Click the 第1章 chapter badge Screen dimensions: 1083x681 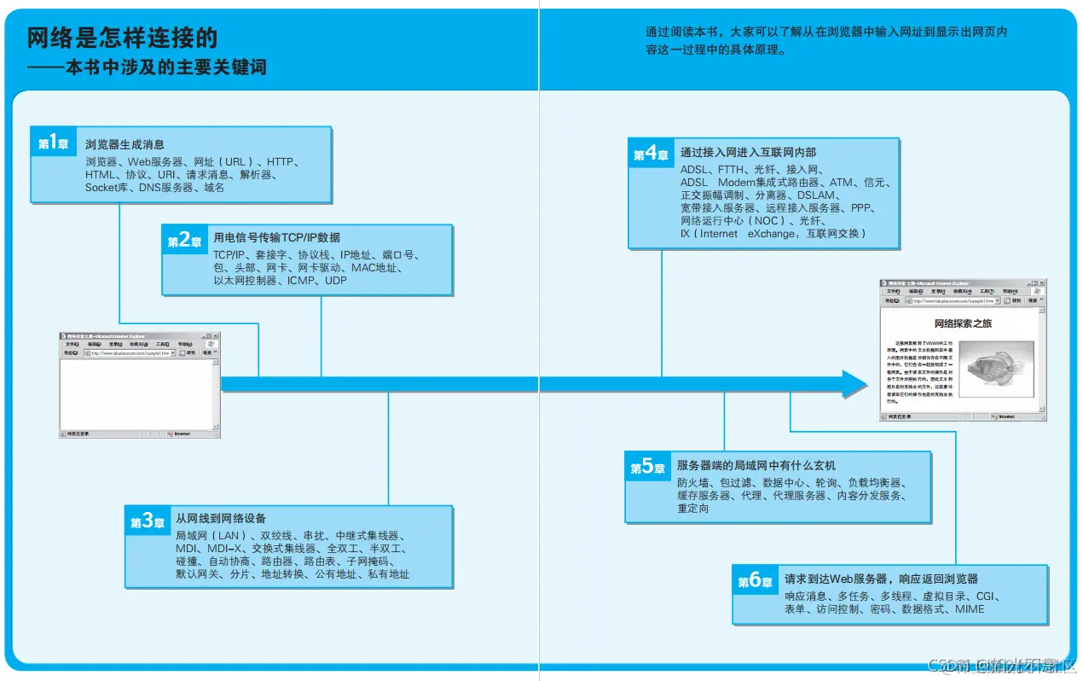coord(53,143)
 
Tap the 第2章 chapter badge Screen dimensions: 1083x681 coord(184,241)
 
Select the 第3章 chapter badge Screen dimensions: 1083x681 coord(148,521)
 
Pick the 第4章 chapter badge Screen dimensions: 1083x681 coord(651,154)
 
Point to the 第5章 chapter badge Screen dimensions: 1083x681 coord(647,467)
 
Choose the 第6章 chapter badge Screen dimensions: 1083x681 coord(755,581)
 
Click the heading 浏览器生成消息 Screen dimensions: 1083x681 coord(125,144)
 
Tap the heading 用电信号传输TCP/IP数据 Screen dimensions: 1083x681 coord(276,237)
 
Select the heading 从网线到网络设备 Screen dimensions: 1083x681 coord(221,518)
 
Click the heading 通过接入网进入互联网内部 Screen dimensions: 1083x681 coord(747,152)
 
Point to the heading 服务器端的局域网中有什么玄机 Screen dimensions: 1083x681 coord(756,465)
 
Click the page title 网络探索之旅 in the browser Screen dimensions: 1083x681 coord(963,323)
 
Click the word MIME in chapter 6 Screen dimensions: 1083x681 coord(970,609)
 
